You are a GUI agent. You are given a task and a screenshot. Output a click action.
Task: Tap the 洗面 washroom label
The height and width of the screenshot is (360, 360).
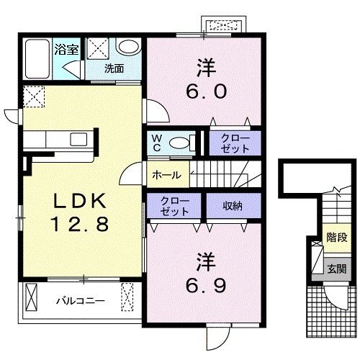click(114, 69)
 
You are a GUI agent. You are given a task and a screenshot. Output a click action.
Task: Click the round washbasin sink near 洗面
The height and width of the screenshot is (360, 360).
click(128, 48)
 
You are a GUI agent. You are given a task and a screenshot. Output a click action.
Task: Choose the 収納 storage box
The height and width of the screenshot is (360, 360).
click(231, 206)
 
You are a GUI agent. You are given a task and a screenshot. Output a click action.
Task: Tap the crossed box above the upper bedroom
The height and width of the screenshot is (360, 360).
click(226, 24)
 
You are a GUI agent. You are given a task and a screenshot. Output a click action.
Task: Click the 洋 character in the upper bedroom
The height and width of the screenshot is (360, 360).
click(204, 68)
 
